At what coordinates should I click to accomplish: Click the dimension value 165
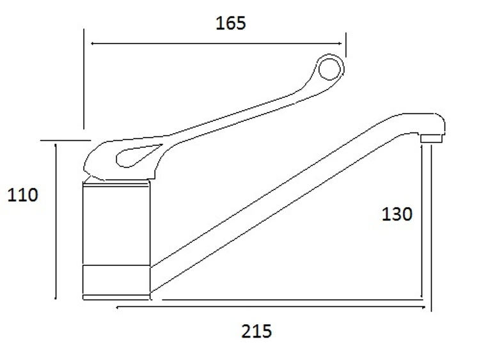tap(230, 23)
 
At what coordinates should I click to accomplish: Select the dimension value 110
tap(22, 194)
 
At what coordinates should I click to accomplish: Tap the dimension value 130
tap(397, 214)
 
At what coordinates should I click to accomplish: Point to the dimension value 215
tap(256, 331)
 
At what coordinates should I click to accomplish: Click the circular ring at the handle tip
tap(329, 67)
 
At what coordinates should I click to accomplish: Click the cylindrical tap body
tap(116, 224)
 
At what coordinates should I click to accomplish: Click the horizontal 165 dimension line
tap(217, 43)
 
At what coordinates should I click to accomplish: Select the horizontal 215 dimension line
tap(269, 308)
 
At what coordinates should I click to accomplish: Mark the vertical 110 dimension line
tap(56, 221)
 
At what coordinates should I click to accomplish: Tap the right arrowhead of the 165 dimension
tap(343, 43)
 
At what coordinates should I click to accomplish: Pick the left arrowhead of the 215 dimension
tap(119, 308)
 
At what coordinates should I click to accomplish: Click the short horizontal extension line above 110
tap(65, 139)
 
